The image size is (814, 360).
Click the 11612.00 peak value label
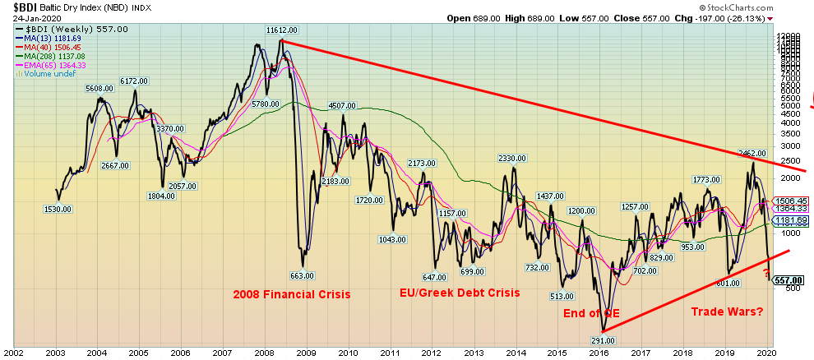tap(281, 30)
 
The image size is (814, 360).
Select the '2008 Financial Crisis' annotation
tap(292, 293)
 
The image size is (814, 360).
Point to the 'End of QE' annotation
tap(592, 312)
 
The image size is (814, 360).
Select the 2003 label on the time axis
tap(55, 353)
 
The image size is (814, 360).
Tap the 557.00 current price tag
tap(788, 279)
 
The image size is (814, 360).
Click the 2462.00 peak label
tap(752, 153)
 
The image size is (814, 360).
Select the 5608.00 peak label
tap(99, 88)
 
